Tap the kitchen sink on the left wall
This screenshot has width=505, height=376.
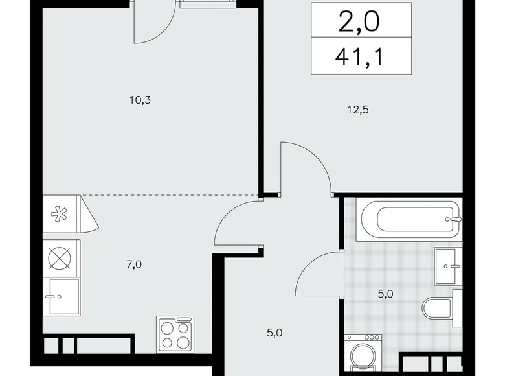(x=62, y=296)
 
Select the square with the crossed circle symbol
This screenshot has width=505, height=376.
(x=61, y=257)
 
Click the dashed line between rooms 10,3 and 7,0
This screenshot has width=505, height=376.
(x=168, y=195)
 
